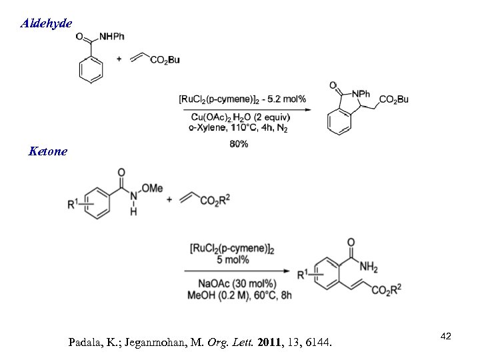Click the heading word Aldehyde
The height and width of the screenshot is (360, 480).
point(47,23)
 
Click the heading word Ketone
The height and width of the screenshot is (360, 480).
point(48,151)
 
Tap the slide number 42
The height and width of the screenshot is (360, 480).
point(446,337)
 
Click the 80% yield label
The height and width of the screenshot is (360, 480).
point(238,144)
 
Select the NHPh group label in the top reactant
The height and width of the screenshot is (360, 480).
point(111,37)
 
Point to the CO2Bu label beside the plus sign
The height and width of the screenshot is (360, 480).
point(165,60)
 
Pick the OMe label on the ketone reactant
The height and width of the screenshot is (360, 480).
point(153,189)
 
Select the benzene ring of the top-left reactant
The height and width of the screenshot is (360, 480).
point(89,69)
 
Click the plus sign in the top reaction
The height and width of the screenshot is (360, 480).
point(119,59)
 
